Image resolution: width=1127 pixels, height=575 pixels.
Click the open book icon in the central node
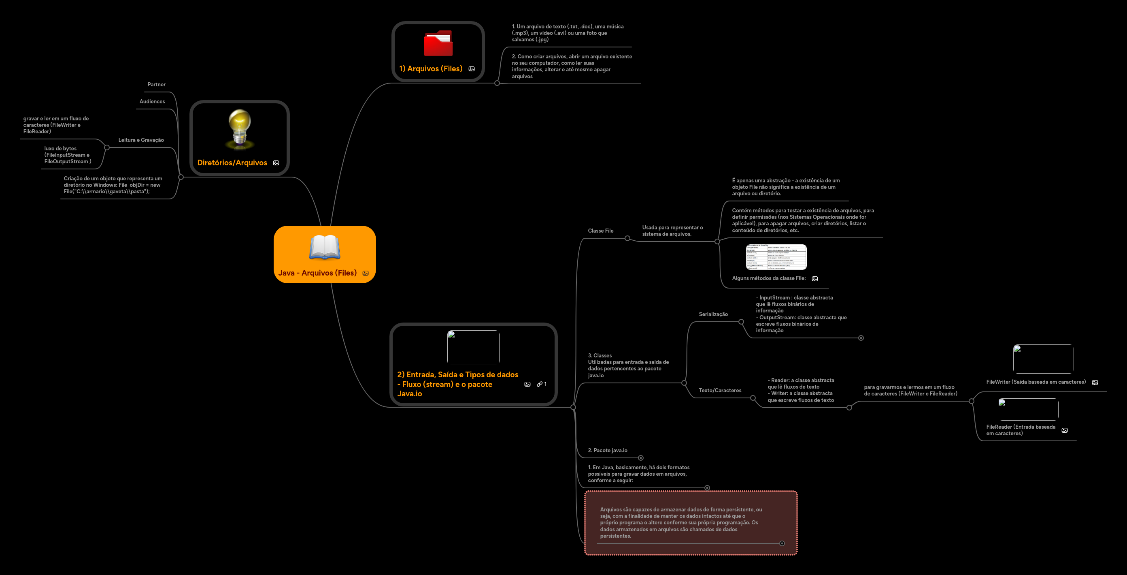[325, 247]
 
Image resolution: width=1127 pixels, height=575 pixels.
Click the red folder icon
[438, 43]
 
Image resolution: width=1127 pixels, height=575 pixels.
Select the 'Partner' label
[156, 85]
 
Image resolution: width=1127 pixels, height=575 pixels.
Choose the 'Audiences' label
[152, 102]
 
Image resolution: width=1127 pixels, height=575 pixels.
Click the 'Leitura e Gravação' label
[141, 140]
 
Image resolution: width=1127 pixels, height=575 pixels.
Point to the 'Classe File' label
[600, 231]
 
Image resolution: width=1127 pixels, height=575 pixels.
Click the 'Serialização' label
[713, 314]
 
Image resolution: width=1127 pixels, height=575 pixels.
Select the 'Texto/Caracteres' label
[720, 391]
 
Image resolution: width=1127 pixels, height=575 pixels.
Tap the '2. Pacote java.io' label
[607, 451]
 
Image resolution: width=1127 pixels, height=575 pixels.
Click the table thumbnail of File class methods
[776, 257]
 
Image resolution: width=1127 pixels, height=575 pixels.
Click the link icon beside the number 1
[540, 384]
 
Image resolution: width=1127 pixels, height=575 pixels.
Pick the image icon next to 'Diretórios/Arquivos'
[276, 163]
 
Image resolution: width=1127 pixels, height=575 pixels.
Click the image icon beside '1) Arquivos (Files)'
[471, 69]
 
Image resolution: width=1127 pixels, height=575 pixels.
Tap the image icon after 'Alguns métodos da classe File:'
[814, 278]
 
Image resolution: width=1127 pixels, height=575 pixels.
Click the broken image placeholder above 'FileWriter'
[1043, 359]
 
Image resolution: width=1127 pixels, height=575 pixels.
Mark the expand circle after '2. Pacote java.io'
[640, 458]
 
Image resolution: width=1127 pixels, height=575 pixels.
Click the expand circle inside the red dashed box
[782, 543]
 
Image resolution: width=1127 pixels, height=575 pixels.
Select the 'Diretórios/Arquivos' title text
[232, 163]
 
